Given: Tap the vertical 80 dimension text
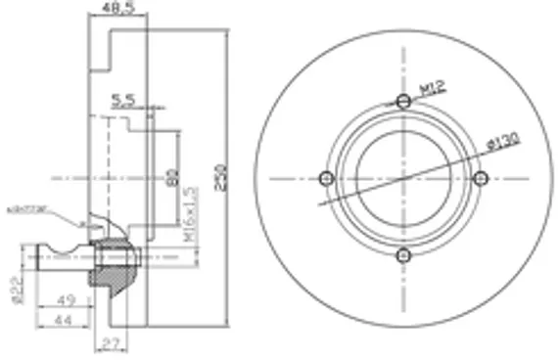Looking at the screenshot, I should coord(170,177).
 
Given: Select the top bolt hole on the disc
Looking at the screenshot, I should coord(403,100).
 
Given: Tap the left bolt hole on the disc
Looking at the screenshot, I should coord(327,177).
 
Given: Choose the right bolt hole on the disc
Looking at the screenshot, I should coord(480,177).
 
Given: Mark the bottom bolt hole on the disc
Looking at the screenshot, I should coord(403,254).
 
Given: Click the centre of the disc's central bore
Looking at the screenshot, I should coord(403,177).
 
